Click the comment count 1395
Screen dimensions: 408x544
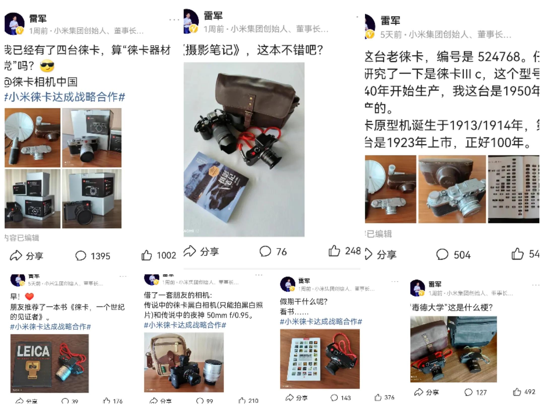pos(100,256)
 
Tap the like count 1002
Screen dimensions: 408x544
pos(166,255)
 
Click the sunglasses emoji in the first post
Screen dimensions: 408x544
pos(47,66)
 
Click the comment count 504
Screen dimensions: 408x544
pos(462,255)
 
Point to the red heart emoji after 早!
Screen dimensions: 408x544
pos(29,296)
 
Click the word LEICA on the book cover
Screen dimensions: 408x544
pos(33,351)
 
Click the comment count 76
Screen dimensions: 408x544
pos(281,252)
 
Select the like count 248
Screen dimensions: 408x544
pos(353,251)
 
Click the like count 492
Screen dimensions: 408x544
pos(530,392)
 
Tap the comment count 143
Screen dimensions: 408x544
pos(346,398)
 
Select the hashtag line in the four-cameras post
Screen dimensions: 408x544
pos(65,97)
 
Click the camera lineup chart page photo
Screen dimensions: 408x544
pos(513,189)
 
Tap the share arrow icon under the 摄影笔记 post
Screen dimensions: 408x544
pos(190,251)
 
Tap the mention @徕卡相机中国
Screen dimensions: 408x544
pos(41,82)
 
